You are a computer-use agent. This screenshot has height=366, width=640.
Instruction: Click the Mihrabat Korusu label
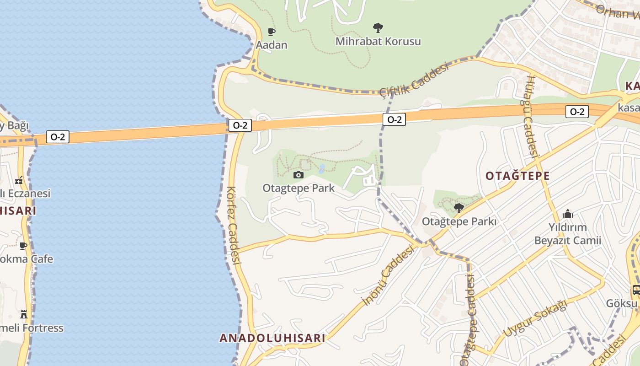(x=378, y=41)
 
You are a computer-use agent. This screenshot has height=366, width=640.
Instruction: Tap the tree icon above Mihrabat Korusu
(x=378, y=28)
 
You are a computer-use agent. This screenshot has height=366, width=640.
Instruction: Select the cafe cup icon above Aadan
(x=272, y=32)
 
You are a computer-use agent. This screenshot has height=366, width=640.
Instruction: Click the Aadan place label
(x=272, y=45)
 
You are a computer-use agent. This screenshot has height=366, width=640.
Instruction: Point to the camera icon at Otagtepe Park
(x=299, y=175)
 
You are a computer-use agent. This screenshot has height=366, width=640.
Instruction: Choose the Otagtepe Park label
(x=299, y=188)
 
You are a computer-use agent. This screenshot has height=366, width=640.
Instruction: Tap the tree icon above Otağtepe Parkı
(x=459, y=208)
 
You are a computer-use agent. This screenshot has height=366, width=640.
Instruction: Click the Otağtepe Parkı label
(x=459, y=221)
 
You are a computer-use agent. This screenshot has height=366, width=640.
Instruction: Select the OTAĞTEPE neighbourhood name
(x=517, y=176)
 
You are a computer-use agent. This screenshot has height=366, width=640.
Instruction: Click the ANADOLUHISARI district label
(x=272, y=338)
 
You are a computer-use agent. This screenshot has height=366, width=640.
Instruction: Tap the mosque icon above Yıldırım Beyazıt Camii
(x=568, y=214)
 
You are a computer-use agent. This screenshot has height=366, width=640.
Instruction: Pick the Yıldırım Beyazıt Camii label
(x=568, y=234)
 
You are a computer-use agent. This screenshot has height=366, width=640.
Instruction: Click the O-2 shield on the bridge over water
(x=58, y=137)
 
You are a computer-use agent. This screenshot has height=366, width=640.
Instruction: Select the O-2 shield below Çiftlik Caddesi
(x=394, y=120)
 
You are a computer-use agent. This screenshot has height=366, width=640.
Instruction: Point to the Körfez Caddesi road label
(x=234, y=225)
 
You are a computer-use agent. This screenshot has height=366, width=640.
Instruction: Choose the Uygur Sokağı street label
(x=535, y=319)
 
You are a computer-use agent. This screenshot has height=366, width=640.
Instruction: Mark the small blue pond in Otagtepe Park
(x=322, y=169)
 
